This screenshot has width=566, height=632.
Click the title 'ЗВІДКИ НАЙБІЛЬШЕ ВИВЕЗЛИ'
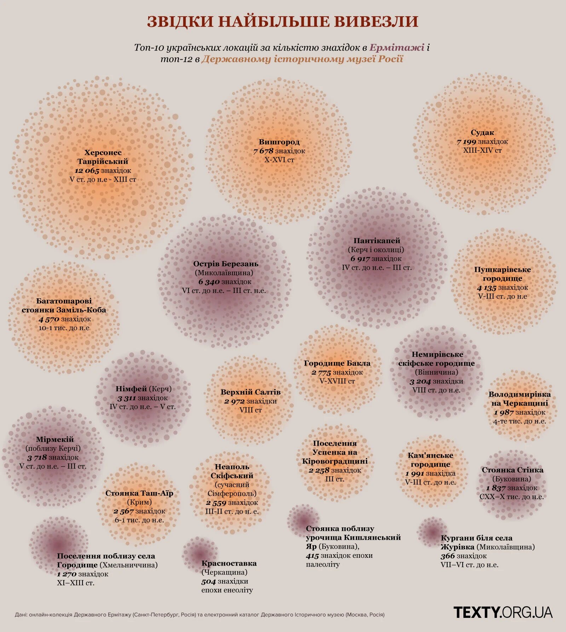click(283, 21)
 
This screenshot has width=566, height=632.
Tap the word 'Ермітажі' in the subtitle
click(397, 47)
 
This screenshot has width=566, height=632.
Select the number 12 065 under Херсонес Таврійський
click(87, 171)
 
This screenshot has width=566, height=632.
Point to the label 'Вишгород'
click(279, 142)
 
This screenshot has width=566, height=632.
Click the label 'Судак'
click(482, 133)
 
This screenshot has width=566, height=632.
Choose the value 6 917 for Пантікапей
click(360, 259)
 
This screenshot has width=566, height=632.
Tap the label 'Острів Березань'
click(226, 264)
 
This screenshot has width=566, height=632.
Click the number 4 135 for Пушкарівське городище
click(486, 288)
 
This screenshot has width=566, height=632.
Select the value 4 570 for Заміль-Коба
click(48, 319)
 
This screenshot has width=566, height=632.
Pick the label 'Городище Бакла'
click(337, 363)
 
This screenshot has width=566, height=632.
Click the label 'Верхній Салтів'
click(250, 392)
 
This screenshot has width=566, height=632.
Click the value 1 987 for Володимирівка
click(503, 412)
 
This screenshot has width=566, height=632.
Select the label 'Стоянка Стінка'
click(512, 470)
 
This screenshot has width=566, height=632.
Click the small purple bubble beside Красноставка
click(199, 554)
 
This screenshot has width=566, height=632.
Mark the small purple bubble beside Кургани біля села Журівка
click(432, 532)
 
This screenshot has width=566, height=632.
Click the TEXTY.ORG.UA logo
click(503, 612)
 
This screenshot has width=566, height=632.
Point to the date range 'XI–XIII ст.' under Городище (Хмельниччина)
click(76, 583)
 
